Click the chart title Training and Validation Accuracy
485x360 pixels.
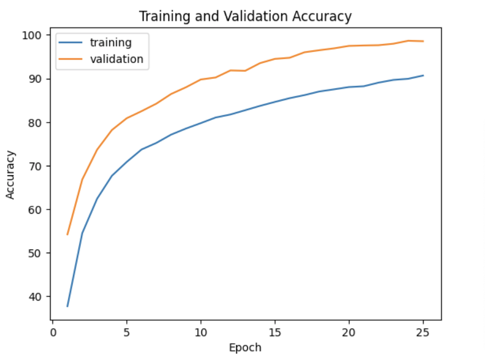tap(245, 16)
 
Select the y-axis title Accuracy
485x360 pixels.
tap(11, 175)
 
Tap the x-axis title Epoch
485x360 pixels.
tap(245, 347)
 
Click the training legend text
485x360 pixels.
tap(110, 43)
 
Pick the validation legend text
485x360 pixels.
tap(116, 59)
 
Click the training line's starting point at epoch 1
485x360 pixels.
tap(67, 306)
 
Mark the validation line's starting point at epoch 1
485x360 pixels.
tap(67, 235)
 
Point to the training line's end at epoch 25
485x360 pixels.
tap(423, 75)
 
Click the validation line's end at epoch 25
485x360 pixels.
tap(423, 41)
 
